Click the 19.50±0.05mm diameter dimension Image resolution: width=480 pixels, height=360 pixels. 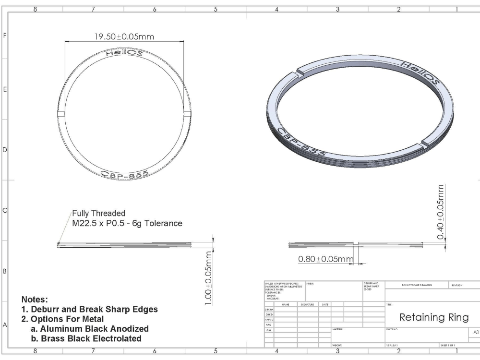(126, 37)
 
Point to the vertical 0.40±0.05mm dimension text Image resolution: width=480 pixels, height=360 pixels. (441, 212)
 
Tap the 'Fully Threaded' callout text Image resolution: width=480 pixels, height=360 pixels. (99, 213)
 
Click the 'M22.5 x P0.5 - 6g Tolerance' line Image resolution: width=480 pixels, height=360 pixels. (127, 224)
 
